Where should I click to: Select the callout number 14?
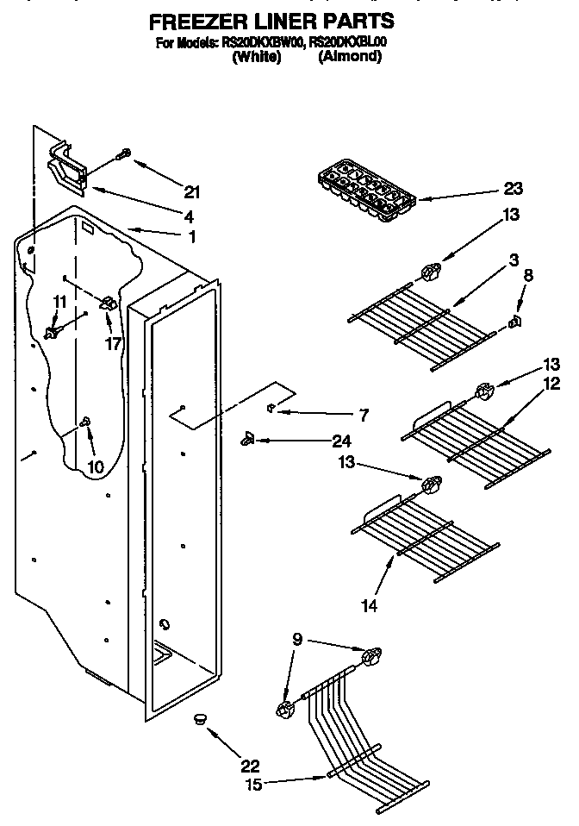point(369,606)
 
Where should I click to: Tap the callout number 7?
point(363,415)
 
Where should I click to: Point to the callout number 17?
point(113,343)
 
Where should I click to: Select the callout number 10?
point(95,466)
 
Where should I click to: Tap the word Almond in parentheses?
point(349,56)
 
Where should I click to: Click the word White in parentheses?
point(257,56)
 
